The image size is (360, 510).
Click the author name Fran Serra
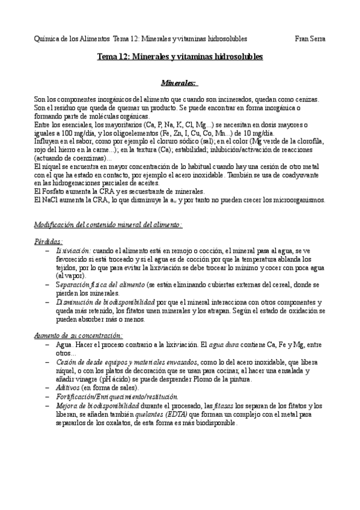[311, 38]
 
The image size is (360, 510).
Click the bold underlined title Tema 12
[180, 57]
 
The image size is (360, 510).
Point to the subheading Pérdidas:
[49, 241]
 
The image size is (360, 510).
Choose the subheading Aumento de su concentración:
[79, 335]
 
